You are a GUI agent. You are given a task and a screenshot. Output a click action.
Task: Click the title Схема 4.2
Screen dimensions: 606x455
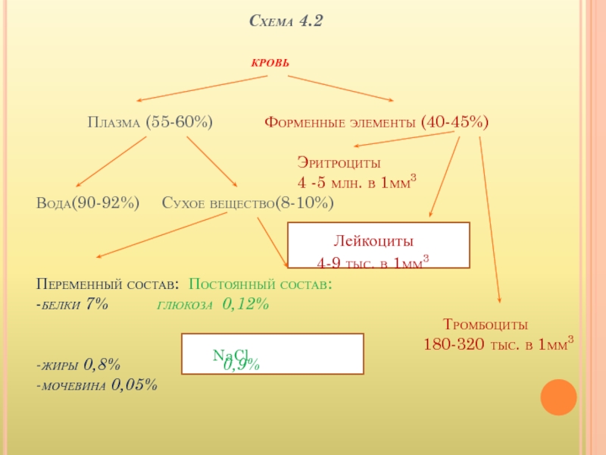point(286,22)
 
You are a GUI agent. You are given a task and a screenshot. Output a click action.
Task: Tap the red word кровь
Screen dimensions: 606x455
point(270,61)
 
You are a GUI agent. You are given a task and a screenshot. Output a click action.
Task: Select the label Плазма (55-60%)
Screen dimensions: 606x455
point(150,121)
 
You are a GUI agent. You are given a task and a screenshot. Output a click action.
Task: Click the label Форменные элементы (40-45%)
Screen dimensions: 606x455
point(376,121)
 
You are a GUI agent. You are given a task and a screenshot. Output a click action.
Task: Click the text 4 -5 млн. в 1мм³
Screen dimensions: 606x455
point(357,182)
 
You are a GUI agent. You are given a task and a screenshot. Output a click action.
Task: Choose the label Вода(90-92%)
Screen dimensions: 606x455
point(88,203)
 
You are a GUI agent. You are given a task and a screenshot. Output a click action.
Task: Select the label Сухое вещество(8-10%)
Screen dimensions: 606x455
point(248,203)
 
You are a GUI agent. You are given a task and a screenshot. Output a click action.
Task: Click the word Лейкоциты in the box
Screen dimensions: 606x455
point(374,242)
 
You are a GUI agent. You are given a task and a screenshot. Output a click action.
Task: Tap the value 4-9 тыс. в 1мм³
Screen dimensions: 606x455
point(373,262)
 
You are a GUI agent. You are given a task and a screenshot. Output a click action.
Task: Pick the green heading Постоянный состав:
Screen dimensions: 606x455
point(261,284)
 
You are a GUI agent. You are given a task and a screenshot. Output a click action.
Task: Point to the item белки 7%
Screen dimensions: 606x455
point(73,304)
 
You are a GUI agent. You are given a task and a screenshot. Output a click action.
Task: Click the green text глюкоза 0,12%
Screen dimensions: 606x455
point(213,304)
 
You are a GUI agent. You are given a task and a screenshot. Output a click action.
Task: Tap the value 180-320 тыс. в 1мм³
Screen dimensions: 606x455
point(498,344)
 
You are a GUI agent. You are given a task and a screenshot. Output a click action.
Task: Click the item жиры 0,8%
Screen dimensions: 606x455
point(78,364)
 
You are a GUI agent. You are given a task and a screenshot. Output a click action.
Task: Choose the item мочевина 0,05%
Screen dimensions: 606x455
point(97,384)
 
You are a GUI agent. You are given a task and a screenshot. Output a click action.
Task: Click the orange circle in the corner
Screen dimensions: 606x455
point(558,395)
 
